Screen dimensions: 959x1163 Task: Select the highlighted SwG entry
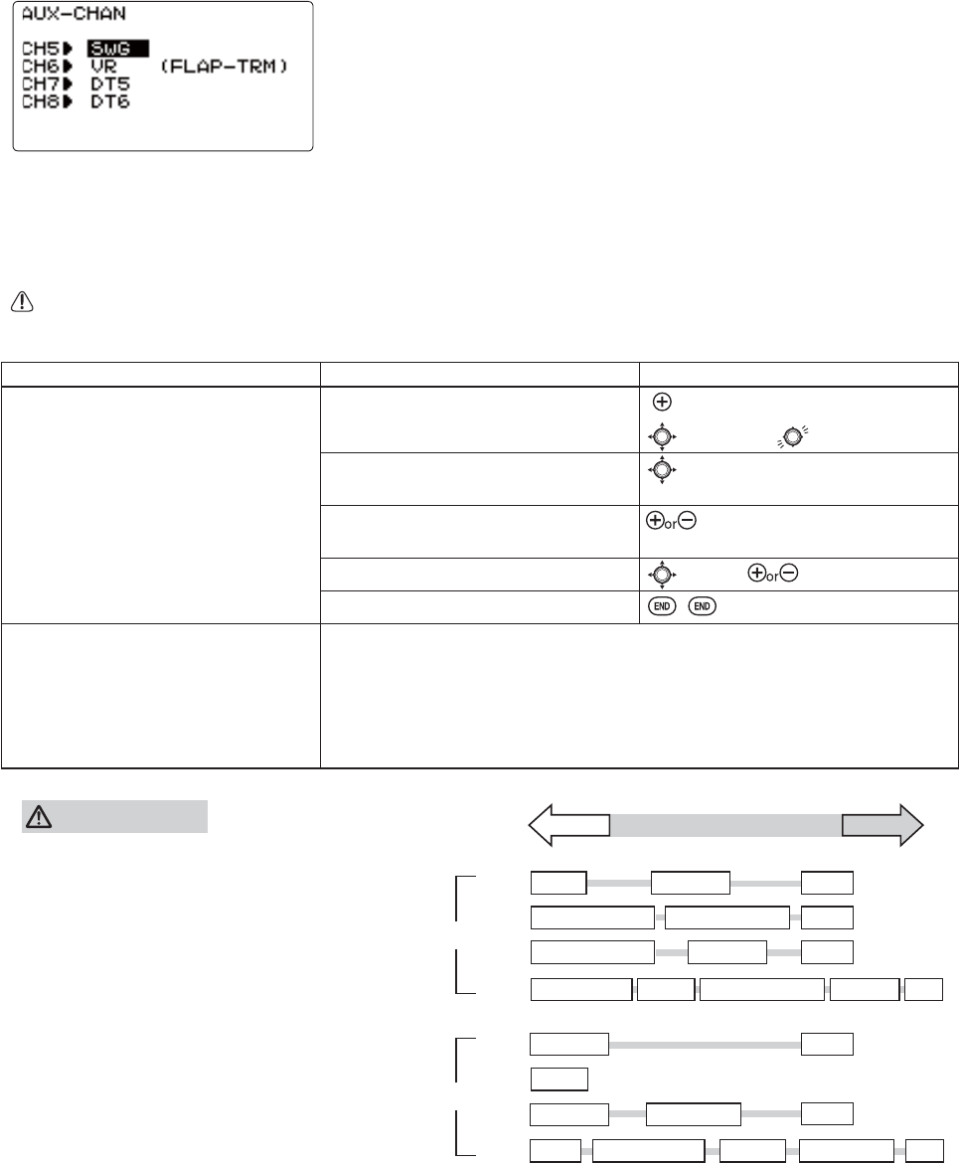coord(117,47)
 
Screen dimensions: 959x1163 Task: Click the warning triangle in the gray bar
coord(39,817)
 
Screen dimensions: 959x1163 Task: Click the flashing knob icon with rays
coord(792,434)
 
